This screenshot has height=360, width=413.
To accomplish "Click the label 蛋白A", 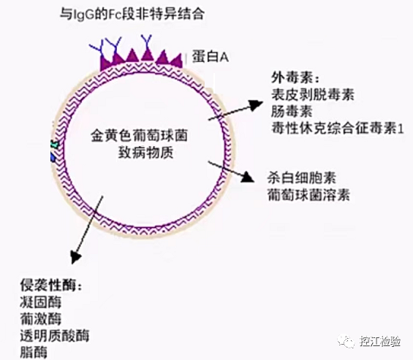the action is (210, 56).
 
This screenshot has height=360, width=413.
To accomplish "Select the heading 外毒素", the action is (292, 78).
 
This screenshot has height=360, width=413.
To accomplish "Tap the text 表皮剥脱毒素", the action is (313, 95).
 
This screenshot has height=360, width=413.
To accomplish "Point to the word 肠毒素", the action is (292, 111).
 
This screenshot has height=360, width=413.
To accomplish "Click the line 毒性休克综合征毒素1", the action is (338, 129).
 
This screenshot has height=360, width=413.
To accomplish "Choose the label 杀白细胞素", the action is (302, 178).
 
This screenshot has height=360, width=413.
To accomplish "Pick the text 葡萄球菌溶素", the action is (308, 195).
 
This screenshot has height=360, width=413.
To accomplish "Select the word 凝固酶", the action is (40, 302).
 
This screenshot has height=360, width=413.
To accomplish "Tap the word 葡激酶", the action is (40, 318).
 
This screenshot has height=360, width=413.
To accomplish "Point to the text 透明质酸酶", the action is (55, 335).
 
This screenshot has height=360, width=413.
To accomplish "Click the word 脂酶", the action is (34, 353).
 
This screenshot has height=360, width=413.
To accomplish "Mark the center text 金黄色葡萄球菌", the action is (139, 136).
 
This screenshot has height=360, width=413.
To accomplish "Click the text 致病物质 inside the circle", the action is (145, 153).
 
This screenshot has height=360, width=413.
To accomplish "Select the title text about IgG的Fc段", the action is (132, 14).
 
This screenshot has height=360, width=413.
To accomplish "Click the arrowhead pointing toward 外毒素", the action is (256, 105).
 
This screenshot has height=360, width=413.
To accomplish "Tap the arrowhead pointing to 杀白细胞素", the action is (248, 177).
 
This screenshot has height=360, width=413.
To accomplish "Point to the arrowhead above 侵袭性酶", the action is (75, 257).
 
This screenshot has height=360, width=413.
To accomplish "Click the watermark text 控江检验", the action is (380, 341).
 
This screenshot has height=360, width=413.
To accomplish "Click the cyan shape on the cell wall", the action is (55, 144).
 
